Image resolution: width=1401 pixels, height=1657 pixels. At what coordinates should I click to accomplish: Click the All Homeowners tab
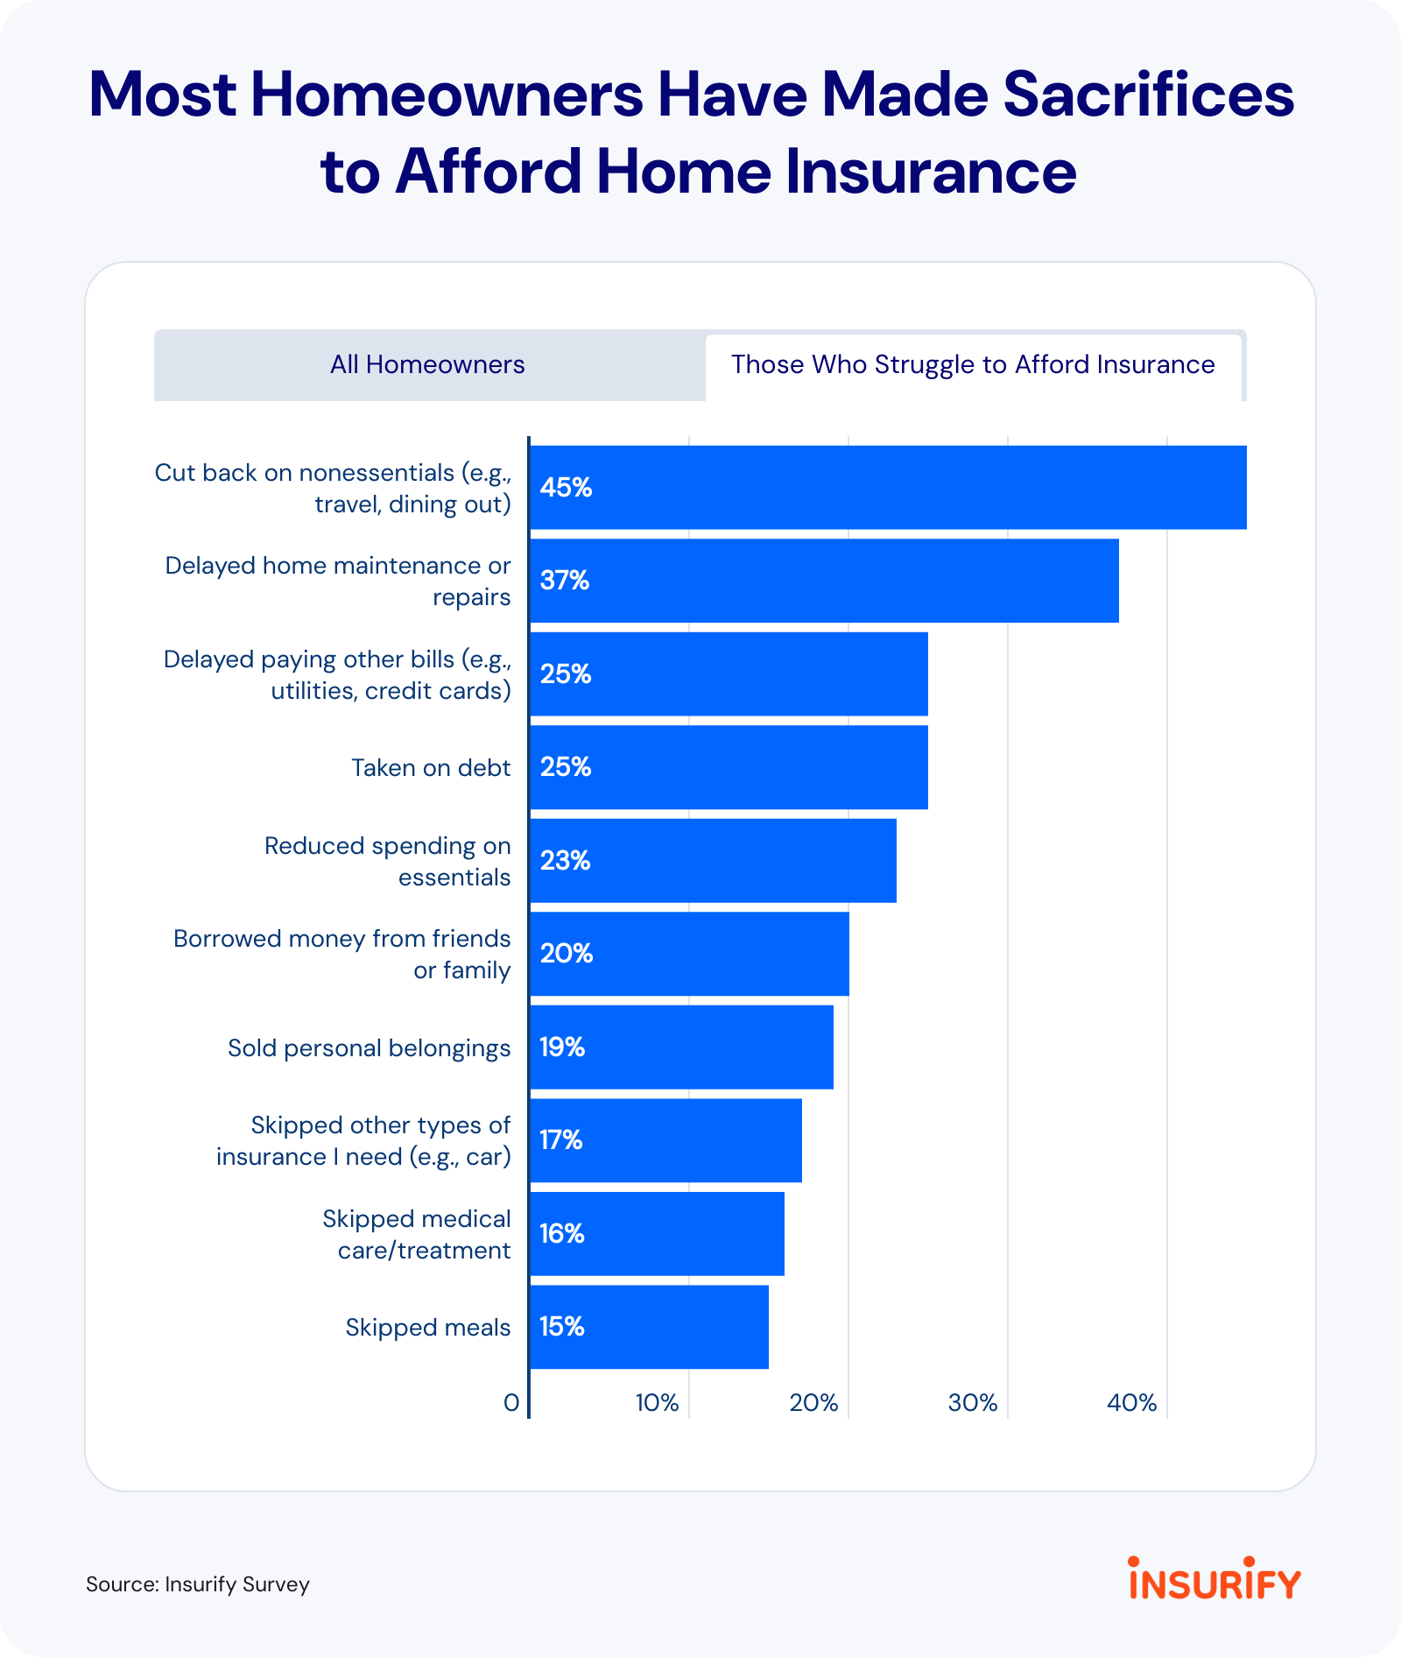(x=427, y=364)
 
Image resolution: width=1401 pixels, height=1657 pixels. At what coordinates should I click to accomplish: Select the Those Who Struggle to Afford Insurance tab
(x=973, y=364)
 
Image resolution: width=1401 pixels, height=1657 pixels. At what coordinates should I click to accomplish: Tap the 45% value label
(x=566, y=488)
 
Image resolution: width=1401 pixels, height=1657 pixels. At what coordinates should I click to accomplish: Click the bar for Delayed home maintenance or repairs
(x=823, y=581)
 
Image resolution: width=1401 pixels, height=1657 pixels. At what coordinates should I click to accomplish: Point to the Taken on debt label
(x=431, y=768)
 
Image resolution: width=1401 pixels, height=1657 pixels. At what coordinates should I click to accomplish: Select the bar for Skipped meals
(x=649, y=1327)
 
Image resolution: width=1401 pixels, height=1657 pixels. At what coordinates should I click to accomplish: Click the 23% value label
(x=565, y=861)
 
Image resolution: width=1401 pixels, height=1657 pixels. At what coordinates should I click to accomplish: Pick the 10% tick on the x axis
(x=657, y=1403)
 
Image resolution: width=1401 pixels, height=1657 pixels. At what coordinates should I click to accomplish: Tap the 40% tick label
(x=1131, y=1403)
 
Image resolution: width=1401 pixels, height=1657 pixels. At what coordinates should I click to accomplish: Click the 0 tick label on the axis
(x=511, y=1403)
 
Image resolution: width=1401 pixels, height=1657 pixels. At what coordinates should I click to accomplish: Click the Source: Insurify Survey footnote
(x=198, y=1584)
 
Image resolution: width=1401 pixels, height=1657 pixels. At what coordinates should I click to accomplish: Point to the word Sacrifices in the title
(x=1148, y=95)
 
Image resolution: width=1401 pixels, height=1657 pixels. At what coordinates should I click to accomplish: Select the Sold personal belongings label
(x=369, y=1048)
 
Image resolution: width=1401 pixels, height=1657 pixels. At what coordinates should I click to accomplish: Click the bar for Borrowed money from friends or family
(x=689, y=954)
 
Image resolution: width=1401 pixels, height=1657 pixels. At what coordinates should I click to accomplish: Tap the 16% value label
(x=561, y=1234)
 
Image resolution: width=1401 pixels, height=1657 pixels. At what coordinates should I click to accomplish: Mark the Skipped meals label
(x=427, y=1328)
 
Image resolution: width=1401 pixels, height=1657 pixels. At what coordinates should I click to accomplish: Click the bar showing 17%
(x=665, y=1140)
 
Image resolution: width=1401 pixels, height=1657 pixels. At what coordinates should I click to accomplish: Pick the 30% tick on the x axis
(x=973, y=1403)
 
